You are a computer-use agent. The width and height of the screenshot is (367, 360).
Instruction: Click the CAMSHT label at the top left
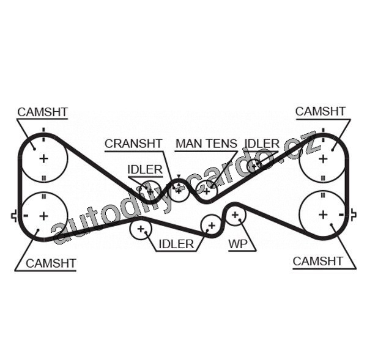tap(42, 112)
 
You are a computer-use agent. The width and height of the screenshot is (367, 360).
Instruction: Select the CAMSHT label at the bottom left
tap(51, 263)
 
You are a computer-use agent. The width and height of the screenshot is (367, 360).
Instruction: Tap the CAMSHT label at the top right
tap(320, 111)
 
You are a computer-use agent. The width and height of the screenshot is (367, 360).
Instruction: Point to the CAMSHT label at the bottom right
tap(318, 261)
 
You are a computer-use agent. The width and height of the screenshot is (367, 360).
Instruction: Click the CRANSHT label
tap(133, 144)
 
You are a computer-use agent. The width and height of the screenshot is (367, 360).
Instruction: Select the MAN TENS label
tap(206, 144)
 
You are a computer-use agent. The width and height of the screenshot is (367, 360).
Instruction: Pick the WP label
tap(238, 244)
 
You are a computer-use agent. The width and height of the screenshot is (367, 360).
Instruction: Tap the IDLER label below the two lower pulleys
tap(176, 244)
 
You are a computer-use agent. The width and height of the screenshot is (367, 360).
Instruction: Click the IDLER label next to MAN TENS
tap(262, 144)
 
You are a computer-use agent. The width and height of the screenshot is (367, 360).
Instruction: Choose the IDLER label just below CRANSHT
tap(145, 169)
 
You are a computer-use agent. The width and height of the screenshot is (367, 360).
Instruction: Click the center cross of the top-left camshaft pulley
tap(43, 158)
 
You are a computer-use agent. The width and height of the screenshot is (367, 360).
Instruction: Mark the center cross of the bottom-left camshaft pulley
tap(43, 216)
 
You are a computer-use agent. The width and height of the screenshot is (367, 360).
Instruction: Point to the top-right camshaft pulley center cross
tap(322, 158)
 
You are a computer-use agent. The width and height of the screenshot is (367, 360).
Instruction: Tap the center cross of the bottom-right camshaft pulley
tap(322, 215)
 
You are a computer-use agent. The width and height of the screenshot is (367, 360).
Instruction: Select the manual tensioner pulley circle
tap(206, 191)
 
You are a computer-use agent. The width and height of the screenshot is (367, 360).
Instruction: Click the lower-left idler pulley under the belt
tap(141, 230)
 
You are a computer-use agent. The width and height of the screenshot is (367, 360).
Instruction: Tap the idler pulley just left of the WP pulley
tap(211, 225)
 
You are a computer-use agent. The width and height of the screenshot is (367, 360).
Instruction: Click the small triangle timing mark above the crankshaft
tap(178, 177)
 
